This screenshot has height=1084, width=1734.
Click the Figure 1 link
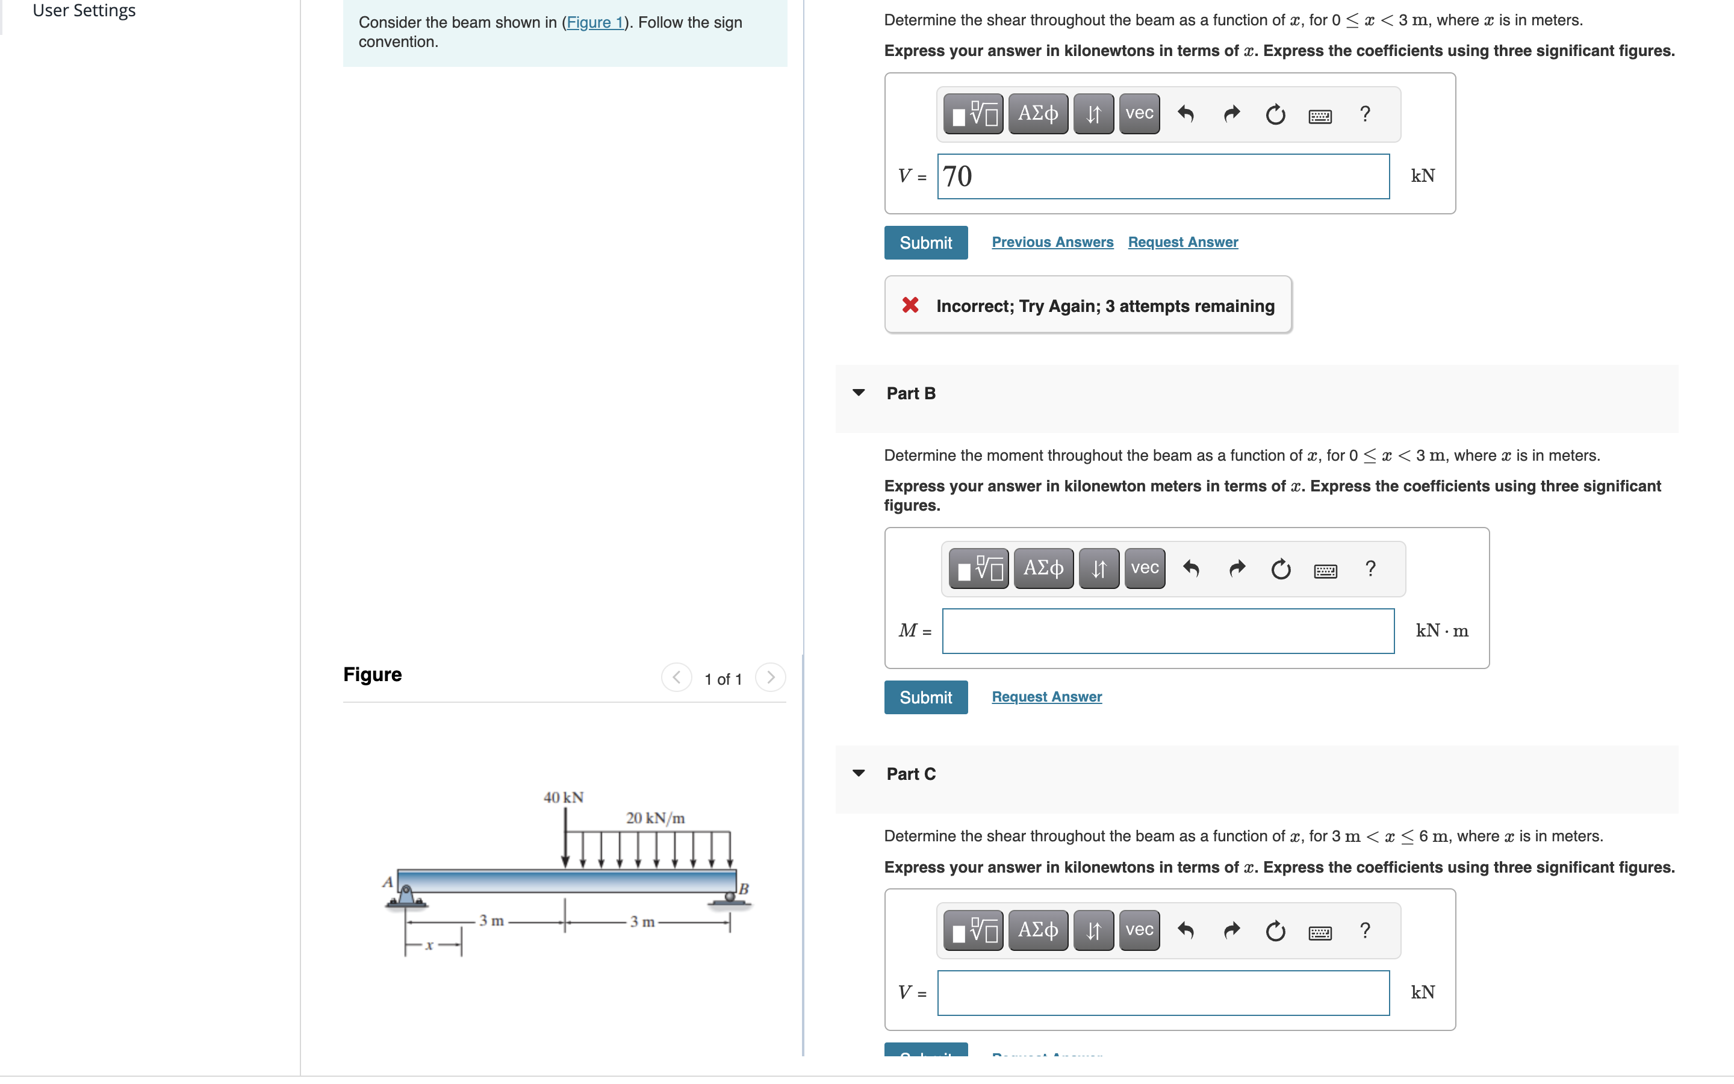595,22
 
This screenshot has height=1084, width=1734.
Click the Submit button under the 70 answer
925,242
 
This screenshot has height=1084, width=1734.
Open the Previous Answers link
1052,242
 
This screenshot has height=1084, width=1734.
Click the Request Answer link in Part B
1046,697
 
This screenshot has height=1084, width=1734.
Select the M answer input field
1167,631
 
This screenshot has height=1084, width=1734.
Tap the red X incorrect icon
910,305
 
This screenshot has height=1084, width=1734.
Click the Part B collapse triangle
859,393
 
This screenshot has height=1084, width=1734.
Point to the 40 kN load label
563,797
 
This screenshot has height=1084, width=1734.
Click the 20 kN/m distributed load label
655,818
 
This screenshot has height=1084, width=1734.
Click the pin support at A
406,896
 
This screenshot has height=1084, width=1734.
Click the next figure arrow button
770,677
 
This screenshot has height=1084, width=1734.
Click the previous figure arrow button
676,677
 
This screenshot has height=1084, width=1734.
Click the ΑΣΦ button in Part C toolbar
1037,930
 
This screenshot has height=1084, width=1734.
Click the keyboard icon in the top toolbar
1319,114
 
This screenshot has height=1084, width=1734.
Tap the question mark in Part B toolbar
1370,569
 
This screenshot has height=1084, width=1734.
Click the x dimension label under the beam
429,945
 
